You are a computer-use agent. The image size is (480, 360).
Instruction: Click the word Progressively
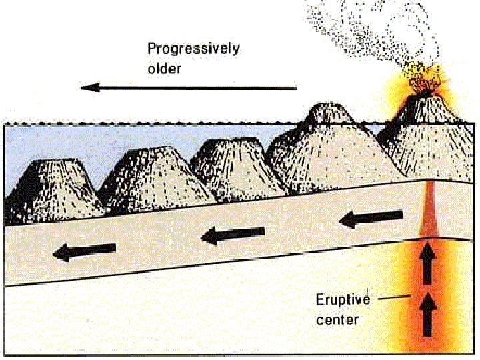click(x=193, y=49)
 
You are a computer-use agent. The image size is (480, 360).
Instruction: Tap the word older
click(x=165, y=68)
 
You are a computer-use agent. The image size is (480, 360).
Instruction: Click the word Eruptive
click(x=341, y=299)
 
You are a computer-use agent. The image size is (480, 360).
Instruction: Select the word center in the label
click(x=337, y=319)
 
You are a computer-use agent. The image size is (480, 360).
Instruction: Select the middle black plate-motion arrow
click(x=233, y=234)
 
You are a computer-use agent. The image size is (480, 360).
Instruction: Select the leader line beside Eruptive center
click(x=393, y=299)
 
